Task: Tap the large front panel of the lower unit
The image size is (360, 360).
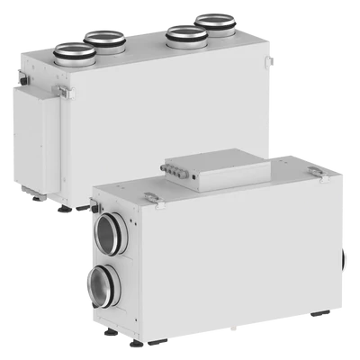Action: [234, 270]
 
